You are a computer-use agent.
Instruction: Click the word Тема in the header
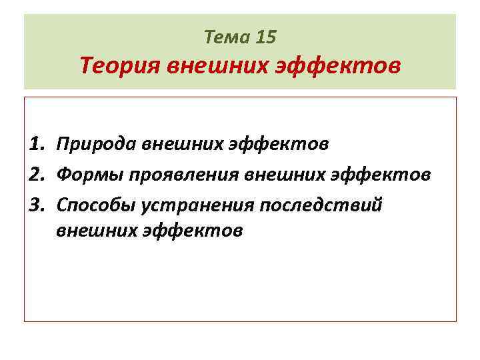[x=227, y=37]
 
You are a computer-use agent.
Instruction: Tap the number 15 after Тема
[x=265, y=37]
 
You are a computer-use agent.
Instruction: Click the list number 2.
[x=37, y=175]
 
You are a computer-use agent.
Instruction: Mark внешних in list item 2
[x=284, y=175]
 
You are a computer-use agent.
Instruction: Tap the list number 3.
[x=37, y=204]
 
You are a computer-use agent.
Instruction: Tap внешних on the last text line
[x=96, y=231]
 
